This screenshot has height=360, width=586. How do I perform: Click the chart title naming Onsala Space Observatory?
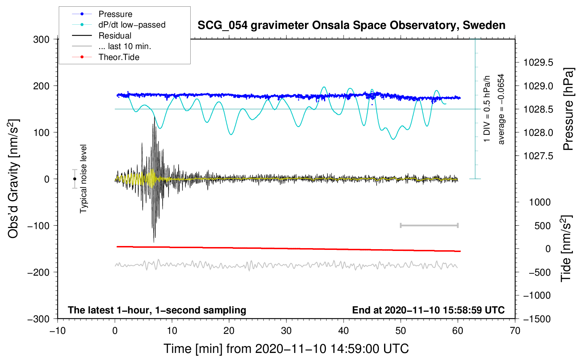(x=351, y=25)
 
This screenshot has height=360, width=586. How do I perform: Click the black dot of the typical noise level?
(x=75, y=179)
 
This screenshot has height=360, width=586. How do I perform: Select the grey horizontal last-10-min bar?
(x=429, y=226)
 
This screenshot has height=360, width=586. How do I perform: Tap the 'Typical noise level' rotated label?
(x=83, y=179)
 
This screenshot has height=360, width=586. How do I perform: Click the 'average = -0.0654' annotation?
(x=501, y=109)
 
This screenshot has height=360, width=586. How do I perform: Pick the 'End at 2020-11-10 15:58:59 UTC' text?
(x=428, y=310)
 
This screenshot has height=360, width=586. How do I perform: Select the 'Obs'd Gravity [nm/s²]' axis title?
(x=13, y=179)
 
